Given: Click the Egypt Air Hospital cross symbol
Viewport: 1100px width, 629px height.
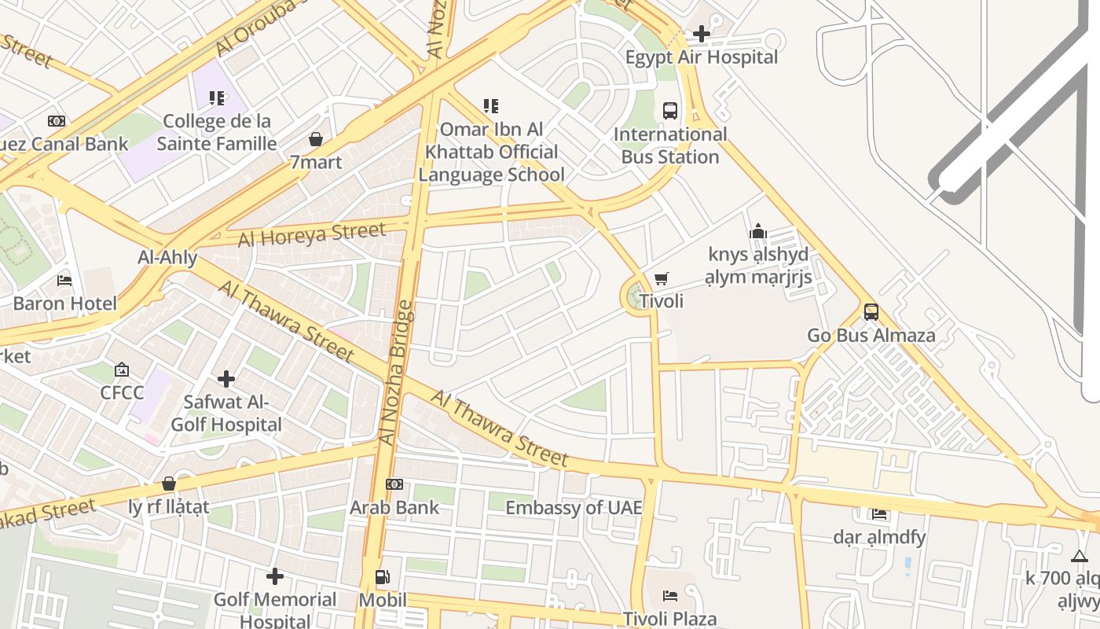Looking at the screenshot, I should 702,34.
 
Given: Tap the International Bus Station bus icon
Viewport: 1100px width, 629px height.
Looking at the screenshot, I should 670,111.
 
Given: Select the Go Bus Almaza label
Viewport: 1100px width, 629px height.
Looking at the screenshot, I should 871,336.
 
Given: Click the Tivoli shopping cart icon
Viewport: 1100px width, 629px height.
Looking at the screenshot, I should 662,279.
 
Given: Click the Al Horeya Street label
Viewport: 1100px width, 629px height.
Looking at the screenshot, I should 312,234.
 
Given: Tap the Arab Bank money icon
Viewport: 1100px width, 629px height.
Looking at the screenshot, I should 394,484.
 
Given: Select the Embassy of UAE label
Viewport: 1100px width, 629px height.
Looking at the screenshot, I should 574,508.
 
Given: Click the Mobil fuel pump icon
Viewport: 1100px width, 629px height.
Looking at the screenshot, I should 383,578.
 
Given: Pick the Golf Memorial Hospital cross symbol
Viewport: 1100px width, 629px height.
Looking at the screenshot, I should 275,577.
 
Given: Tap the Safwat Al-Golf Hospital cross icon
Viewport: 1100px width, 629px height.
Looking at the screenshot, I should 226,380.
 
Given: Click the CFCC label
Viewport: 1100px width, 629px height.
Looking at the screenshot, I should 122,392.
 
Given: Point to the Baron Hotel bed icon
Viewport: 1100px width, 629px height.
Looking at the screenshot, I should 64,281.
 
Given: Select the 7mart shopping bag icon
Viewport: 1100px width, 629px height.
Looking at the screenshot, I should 316,140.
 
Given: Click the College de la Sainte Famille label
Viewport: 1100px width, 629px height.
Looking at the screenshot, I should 216,132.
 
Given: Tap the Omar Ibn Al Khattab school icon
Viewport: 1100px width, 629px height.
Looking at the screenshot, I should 491,106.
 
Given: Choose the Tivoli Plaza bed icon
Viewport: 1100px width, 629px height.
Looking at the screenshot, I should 670,596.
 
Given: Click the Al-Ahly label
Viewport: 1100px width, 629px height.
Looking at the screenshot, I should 167,257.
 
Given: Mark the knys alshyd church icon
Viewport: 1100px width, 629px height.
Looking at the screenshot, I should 758,231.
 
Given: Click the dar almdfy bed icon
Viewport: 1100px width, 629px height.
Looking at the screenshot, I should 879,514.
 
